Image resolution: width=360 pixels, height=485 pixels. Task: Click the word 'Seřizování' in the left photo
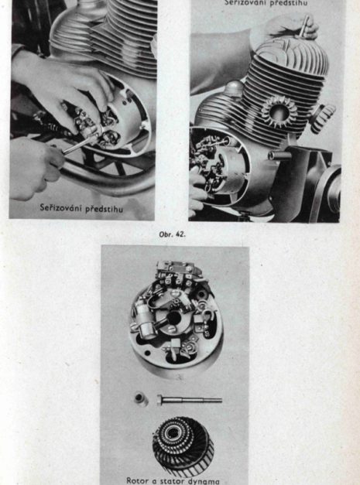click(63, 207)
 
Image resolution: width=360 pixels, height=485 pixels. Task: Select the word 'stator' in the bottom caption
click(172, 480)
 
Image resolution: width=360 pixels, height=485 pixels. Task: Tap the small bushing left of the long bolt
click(141, 400)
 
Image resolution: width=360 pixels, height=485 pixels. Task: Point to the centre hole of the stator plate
click(175, 317)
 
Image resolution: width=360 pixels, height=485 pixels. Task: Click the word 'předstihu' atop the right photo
click(294, 2)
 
